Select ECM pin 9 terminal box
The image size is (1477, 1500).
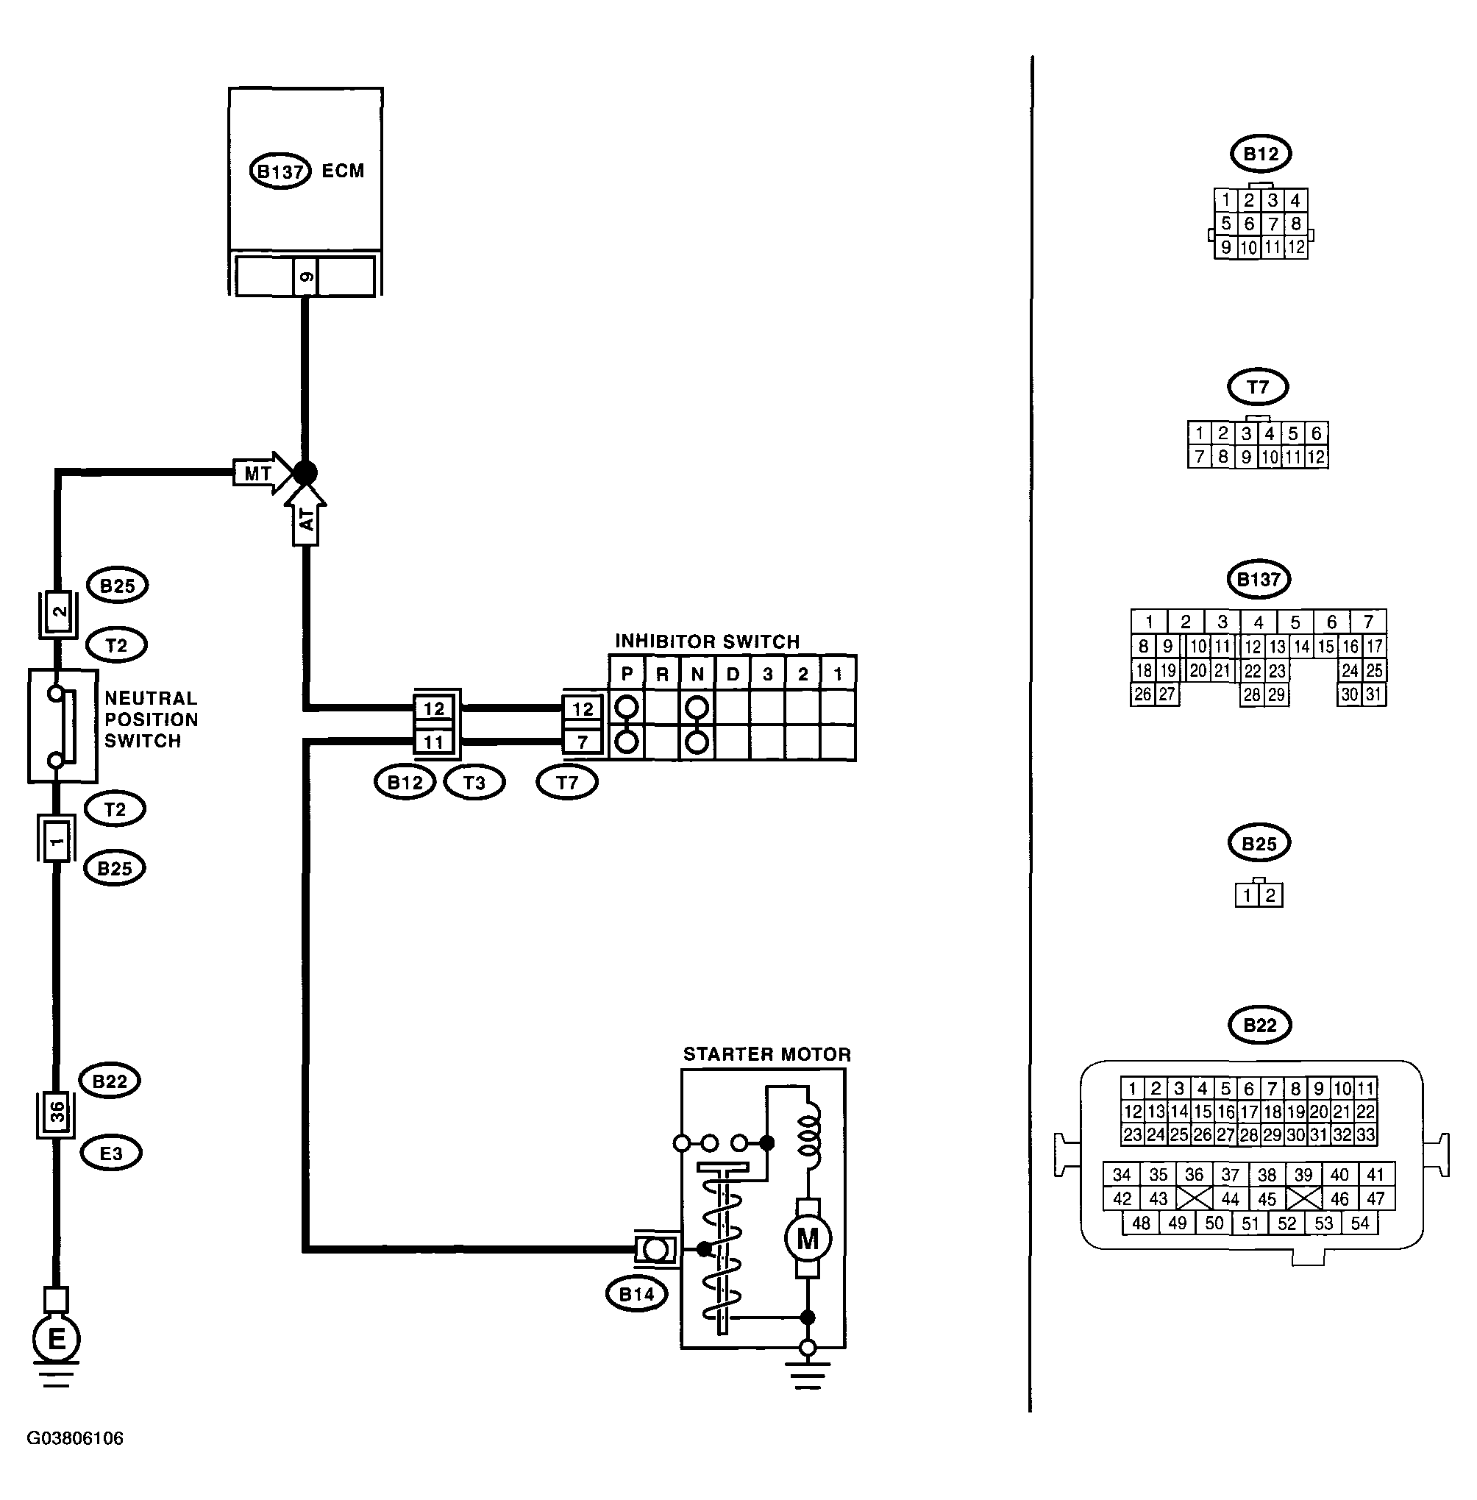306,277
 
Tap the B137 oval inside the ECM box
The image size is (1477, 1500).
280,171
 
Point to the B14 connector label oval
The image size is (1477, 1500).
636,1293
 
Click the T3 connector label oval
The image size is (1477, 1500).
474,782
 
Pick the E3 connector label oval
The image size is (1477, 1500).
111,1153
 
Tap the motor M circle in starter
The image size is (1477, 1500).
808,1240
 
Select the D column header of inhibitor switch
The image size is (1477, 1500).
733,674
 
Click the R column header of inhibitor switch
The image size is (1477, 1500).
662,674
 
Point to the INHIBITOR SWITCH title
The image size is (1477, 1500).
708,641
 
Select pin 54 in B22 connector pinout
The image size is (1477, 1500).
1360,1223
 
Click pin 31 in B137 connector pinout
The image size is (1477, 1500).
1374,694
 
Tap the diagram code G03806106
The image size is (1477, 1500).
75,1438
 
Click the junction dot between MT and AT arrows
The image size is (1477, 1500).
306,472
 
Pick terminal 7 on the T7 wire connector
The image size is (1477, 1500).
583,742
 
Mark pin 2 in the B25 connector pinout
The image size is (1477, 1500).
1270,895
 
